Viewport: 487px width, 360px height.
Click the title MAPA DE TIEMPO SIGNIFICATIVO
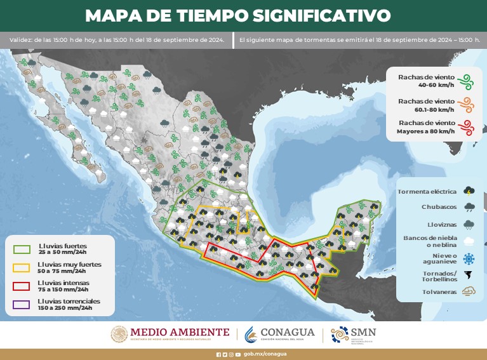[x=237, y=15]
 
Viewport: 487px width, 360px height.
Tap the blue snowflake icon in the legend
[x=469, y=258]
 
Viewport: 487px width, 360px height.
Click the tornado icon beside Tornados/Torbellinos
[x=469, y=276]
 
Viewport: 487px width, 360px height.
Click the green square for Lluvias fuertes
[x=22, y=248]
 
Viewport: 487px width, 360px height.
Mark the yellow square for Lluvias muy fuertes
[x=22, y=267]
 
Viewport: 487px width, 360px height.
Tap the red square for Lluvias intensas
[x=22, y=285]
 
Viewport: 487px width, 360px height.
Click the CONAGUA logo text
[x=288, y=332]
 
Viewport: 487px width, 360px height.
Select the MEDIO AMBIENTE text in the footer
[x=180, y=331]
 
